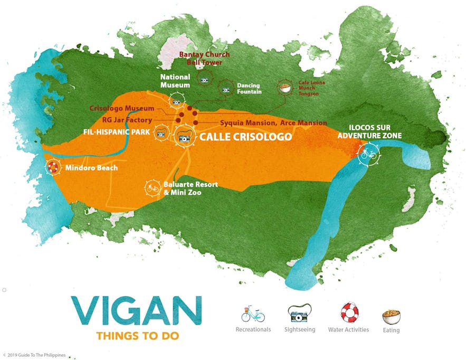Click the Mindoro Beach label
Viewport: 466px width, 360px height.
90,169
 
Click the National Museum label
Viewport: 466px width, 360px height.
175,81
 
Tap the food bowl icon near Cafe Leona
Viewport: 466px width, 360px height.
285,88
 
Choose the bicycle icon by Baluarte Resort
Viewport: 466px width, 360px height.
153,187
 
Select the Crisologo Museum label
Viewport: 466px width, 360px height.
121,108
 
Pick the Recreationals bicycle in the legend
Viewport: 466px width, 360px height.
253,315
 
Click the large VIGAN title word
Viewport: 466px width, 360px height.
137,312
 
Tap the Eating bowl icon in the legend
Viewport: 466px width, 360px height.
391,317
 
